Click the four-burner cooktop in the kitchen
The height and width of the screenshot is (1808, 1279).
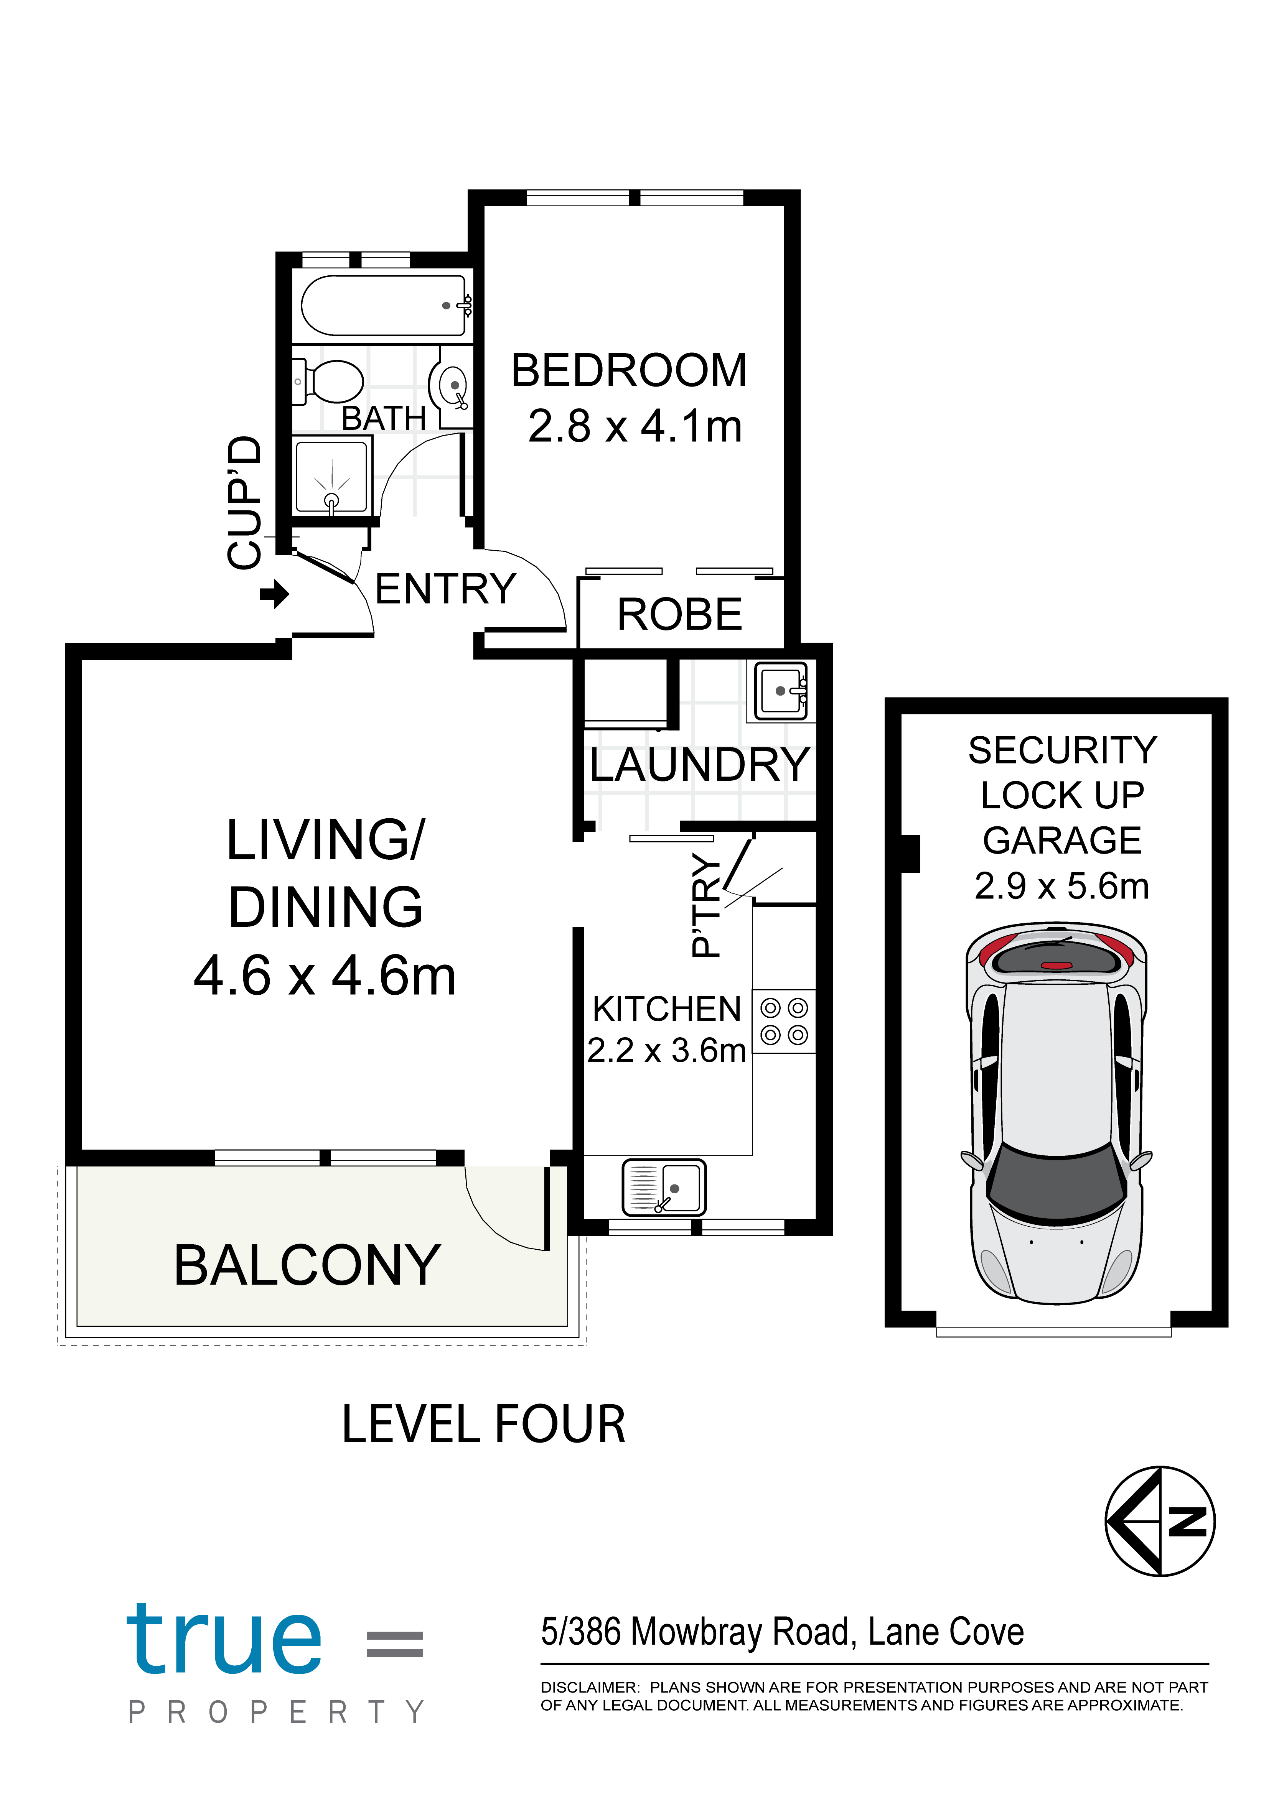pos(784,1021)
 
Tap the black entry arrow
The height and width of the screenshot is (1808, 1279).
pos(274,594)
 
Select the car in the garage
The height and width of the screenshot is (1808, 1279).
pos(1056,1113)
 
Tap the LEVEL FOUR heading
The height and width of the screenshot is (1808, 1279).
pos(484,1424)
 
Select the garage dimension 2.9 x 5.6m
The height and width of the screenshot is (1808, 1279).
pos(1061,886)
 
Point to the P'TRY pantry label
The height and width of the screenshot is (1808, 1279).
pos(705,906)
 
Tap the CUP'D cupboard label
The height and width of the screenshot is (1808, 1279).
pos(243,502)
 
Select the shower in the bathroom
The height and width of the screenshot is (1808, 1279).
pos(331,477)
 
